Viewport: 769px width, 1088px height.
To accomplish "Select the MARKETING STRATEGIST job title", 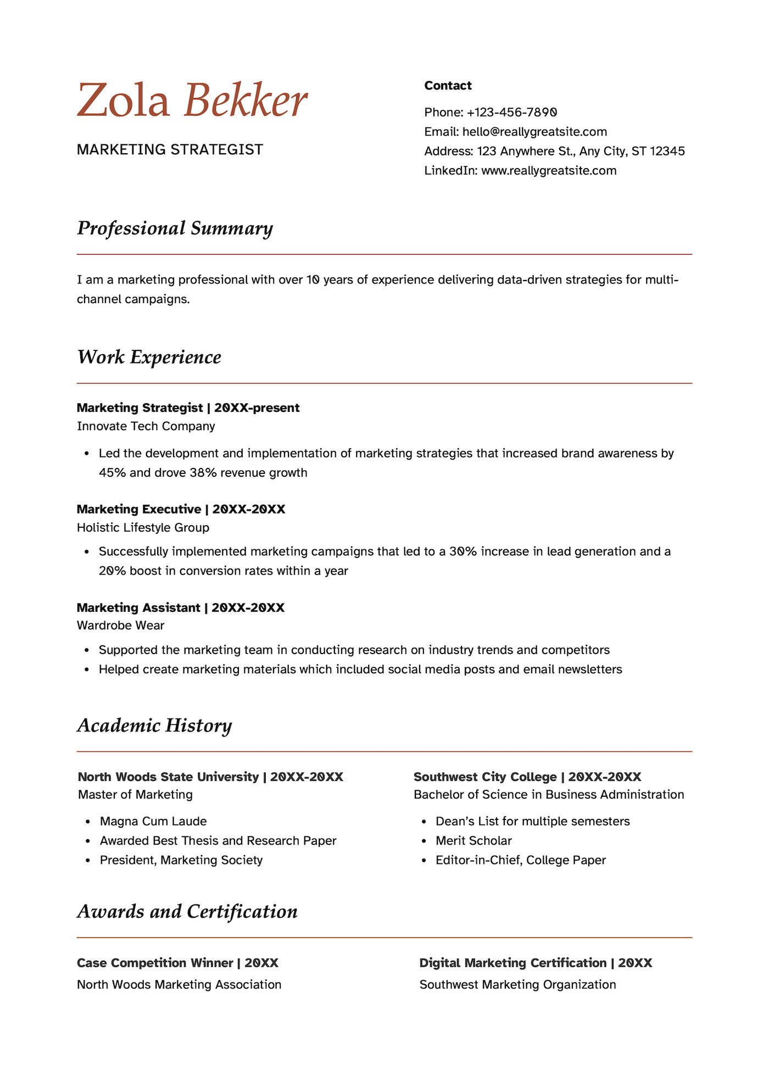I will [170, 149].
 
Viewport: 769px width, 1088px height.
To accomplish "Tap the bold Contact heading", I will [448, 86].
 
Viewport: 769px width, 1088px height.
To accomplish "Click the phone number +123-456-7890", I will [512, 113].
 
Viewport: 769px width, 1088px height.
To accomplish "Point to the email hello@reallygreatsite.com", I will [534, 132].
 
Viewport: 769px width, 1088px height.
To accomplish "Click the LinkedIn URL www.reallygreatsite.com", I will [549, 171].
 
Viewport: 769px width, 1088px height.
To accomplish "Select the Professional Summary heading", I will [175, 228].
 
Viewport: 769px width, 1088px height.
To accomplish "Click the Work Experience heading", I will [149, 357].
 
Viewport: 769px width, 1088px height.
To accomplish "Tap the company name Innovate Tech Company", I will [146, 426].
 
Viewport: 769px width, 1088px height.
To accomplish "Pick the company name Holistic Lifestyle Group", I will [143, 528].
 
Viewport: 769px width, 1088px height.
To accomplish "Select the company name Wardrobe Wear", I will [120, 626].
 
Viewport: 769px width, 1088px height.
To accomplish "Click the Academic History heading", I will [154, 726].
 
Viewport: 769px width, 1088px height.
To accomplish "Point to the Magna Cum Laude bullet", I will [153, 822].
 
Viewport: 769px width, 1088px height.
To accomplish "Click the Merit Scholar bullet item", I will [473, 841].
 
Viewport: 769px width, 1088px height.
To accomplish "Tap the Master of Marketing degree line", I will [135, 795].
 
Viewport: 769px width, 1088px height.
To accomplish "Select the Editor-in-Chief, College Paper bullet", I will [520, 860].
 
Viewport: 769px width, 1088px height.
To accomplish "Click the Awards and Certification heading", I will [187, 912].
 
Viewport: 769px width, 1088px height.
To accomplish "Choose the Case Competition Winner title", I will [155, 963].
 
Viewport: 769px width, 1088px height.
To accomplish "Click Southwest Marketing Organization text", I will [517, 985].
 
